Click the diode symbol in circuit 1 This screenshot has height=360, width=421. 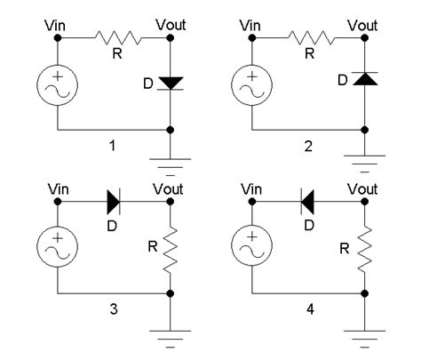coord(170,83)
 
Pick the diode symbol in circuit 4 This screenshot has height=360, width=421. coord(309,202)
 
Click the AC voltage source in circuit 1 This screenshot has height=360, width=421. coord(59,86)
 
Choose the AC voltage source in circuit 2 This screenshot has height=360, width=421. coord(252,86)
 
